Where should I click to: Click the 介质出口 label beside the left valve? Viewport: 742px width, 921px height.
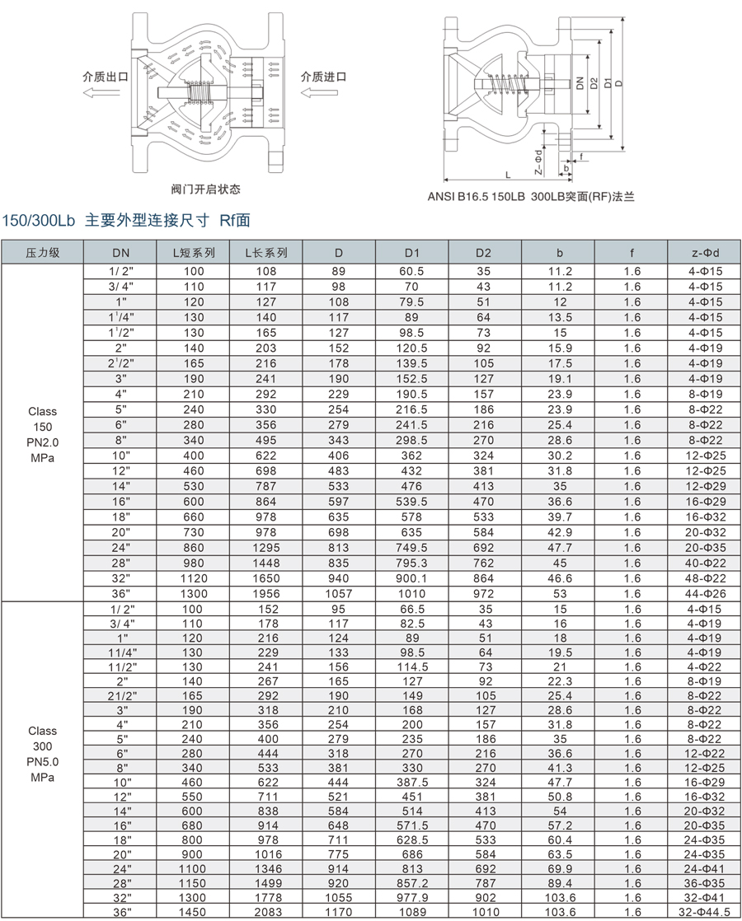pyautogui.click(x=105, y=77)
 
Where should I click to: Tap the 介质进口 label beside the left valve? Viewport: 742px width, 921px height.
pyautogui.click(x=323, y=77)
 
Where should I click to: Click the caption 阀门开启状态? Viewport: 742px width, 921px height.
pyautogui.click(x=205, y=189)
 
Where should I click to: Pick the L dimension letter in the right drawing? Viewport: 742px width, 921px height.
pyautogui.click(x=508, y=175)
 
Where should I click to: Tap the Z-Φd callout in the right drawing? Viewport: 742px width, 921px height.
pyautogui.click(x=538, y=162)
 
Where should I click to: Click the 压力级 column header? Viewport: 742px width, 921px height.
pyautogui.click(x=43, y=253)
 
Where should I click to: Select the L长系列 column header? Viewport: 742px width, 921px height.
pyautogui.click(x=266, y=253)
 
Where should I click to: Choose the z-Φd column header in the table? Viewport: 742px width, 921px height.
pyautogui.click(x=705, y=253)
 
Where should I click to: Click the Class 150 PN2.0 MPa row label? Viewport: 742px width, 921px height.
pyautogui.click(x=43, y=434)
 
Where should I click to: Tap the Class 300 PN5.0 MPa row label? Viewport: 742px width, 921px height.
pyautogui.click(x=43, y=754)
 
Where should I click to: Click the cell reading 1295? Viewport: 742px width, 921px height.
pyautogui.click(x=266, y=547)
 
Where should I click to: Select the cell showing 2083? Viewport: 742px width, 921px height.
pyautogui.click(x=266, y=913)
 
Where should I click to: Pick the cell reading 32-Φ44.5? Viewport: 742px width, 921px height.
pyautogui.click(x=705, y=913)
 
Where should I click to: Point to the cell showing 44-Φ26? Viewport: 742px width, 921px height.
pyautogui.click(x=705, y=593)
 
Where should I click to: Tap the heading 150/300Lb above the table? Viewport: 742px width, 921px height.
pyautogui.click(x=39, y=221)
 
